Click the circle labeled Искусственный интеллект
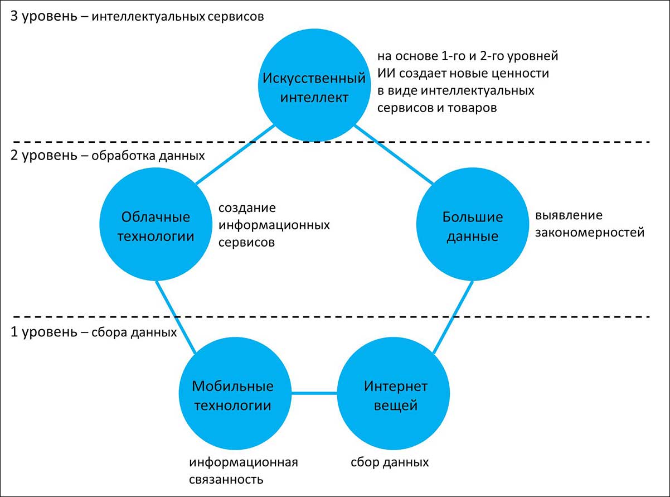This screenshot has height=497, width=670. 314,86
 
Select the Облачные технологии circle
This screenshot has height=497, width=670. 156,225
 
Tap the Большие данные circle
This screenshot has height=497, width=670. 472,225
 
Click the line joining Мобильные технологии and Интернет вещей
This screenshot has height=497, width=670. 314,394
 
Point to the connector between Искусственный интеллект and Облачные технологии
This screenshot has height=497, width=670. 234,155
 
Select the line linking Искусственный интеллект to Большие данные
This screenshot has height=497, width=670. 394,155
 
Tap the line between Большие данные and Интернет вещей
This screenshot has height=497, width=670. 454,316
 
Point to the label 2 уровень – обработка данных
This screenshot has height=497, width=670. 108,156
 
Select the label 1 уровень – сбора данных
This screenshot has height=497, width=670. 94,332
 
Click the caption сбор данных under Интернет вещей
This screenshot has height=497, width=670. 390,462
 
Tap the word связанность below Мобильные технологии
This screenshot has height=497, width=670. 226,479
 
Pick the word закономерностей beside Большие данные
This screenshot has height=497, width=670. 590,232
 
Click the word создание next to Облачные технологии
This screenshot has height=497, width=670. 246,208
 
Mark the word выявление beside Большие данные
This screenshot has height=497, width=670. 569,215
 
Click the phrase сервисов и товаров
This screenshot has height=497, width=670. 436,108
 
